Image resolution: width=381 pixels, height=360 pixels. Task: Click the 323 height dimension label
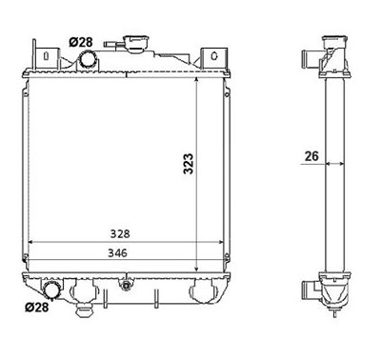pyautogui.click(x=189, y=164)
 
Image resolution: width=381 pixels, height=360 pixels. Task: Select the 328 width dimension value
pyautogui.click(x=120, y=234)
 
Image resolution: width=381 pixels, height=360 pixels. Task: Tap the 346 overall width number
pyautogui.click(x=117, y=253)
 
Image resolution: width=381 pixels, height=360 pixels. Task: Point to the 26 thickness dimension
pyautogui.click(x=311, y=156)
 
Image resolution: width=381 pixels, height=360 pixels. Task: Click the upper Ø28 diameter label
pyautogui.click(x=81, y=42)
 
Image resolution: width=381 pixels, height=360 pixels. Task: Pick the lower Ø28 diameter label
pyautogui.click(x=37, y=307)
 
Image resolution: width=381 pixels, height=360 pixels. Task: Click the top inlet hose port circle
pyautogui.click(x=88, y=60)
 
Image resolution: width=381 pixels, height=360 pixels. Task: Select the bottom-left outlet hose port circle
pyautogui.click(x=50, y=290)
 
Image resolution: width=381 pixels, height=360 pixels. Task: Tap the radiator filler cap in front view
pyautogui.click(x=137, y=43)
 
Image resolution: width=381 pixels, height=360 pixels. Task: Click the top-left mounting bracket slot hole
pyautogui.click(x=47, y=55)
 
